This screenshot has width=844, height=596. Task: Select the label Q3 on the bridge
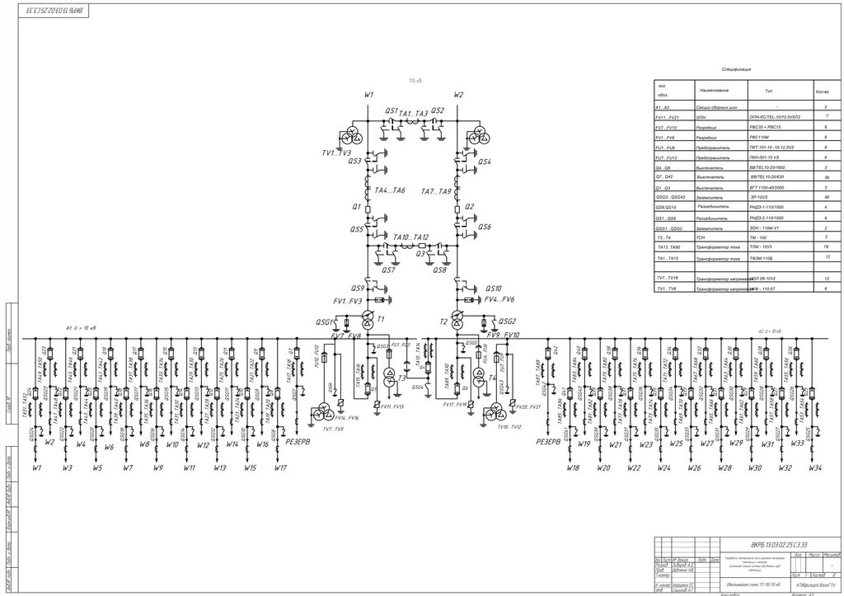tap(421, 254)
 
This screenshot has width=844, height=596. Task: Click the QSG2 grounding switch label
tap(506, 321)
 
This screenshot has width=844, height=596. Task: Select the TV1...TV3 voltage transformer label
tap(336, 153)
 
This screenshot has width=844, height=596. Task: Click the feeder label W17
tap(281, 468)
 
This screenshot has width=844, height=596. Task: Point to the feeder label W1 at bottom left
tap(37, 468)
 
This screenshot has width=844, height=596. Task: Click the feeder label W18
tap(573, 468)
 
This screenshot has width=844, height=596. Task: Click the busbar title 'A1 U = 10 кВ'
tap(81, 327)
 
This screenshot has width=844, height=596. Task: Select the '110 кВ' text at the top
tap(415, 81)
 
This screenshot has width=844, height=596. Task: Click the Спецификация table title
tap(738, 70)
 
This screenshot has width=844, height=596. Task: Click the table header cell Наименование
tap(716, 90)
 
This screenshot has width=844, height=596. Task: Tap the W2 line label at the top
tap(459, 95)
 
